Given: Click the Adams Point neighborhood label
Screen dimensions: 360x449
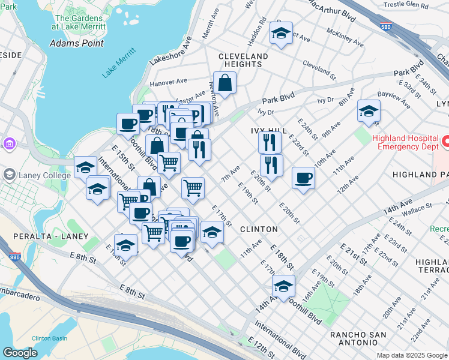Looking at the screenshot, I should pos(76,43).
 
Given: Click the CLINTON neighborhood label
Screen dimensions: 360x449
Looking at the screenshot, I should pos(259,229).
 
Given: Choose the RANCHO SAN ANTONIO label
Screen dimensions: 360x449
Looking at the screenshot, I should pos(353,338).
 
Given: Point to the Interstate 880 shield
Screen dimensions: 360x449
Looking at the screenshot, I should pos(16,257).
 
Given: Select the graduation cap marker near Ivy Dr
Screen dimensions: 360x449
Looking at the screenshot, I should pos(369,111).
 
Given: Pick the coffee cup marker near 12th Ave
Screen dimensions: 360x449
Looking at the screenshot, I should pos(304,178).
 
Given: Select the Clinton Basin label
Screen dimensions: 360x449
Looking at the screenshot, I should pos(49,338).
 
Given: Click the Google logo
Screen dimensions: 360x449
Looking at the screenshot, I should pos(20,353).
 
